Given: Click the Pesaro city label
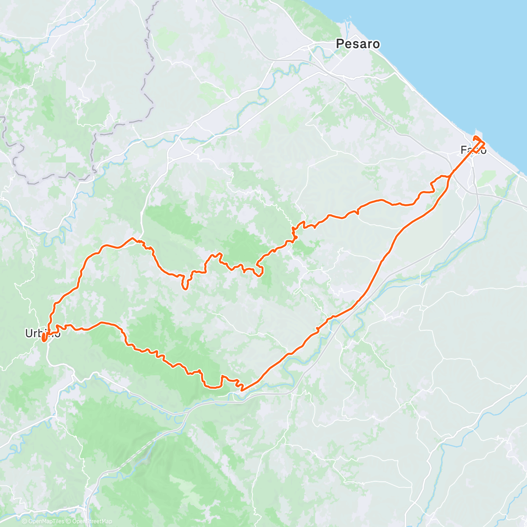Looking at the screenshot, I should [x=357, y=44].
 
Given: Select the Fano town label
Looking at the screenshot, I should [x=473, y=150].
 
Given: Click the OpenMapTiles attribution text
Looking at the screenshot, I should [x=46, y=521].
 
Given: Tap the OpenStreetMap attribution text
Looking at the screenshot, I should [x=92, y=521].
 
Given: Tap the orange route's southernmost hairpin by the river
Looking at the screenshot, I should [x=241, y=388].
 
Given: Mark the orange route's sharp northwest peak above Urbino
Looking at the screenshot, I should [x=133, y=238].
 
